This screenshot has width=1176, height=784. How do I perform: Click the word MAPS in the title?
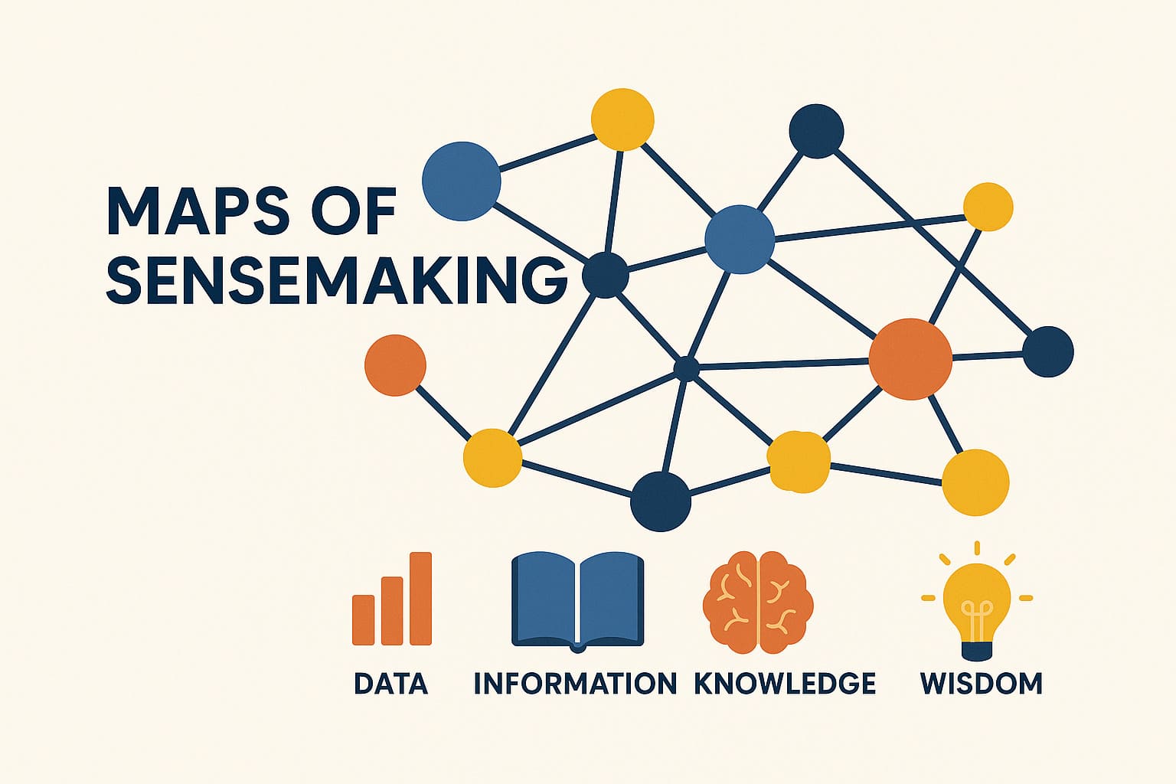[198, 211]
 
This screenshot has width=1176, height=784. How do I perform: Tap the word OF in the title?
[353, 211]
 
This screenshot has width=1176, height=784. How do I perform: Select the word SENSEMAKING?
[337, 280]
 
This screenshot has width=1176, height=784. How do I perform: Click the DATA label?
[390, 683]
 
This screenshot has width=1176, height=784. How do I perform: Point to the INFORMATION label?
[575, 683]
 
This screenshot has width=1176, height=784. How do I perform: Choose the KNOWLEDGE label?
[784, 683]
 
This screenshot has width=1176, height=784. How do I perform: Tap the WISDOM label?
[982, 683]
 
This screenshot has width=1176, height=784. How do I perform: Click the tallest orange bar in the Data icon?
[420, 598]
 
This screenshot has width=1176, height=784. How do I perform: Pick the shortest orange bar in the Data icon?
[364, 619]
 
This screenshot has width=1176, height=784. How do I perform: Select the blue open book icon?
[577, 601]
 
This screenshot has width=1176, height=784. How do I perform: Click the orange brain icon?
[758, 602]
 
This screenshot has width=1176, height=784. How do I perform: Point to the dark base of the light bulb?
[976, 651]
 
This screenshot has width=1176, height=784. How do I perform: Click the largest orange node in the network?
[910, 359]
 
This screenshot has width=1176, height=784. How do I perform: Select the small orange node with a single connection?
[395, 365]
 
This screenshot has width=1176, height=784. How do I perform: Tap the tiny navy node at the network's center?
[686, 368]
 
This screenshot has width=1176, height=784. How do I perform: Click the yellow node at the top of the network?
[622, 119]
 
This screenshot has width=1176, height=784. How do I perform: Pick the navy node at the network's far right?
[1048, 351]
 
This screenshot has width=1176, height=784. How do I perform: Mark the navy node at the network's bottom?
[661, 501]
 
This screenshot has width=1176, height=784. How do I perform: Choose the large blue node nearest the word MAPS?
[462, 181]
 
